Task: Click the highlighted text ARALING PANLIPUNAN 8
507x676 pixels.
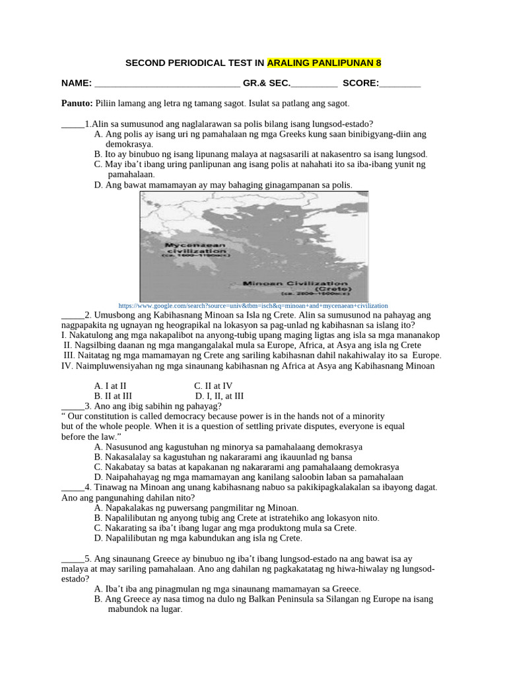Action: tap(324, 63)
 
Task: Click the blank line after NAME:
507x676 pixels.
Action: tap(168, 84)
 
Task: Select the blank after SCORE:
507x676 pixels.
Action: tap(400, 84)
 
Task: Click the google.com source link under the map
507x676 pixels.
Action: tap(253, 306)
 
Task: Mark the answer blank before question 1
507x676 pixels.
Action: tap(73, 123)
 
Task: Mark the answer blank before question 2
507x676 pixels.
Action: tap(73, 315)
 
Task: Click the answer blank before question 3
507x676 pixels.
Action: tap(73, 406)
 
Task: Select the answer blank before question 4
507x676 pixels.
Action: tap(73, 487)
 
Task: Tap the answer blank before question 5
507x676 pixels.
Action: tap(73, 558)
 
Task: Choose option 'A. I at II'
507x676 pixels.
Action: tap(111, 386)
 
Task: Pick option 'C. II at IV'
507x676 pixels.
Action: tap(213, 386)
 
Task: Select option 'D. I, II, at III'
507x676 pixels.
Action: tap(219, 396)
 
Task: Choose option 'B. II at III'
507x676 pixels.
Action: tap(113, 396)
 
